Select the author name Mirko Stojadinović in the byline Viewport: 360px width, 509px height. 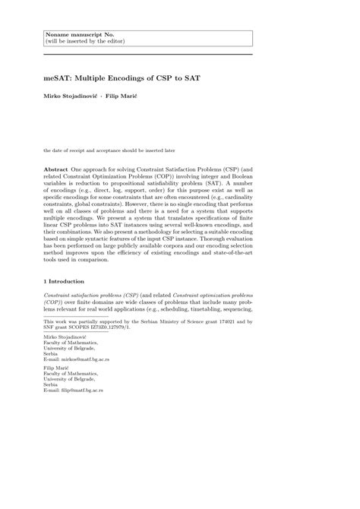[x=73, y=98]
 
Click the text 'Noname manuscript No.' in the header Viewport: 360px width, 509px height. [x=76, y=33]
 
